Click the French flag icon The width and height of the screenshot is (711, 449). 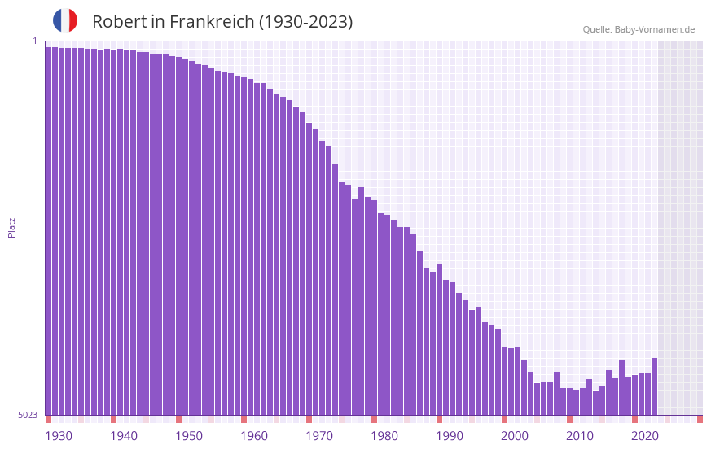65,20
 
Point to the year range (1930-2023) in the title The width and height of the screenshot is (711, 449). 305,22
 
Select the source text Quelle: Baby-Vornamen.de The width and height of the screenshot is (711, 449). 639,29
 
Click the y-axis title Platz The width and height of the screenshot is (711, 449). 11,227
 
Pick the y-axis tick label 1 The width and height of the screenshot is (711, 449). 34,41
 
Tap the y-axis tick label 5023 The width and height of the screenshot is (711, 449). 28,415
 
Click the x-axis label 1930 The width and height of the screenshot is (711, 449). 59,436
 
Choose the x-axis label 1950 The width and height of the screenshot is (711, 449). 189,436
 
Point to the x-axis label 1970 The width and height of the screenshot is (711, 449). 319,436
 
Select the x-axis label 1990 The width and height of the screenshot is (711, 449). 450,436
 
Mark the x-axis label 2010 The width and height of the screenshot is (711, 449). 580,436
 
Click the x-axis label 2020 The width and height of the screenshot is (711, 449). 645,436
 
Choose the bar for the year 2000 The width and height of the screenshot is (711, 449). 504,381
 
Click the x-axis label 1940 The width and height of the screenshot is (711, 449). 124,436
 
